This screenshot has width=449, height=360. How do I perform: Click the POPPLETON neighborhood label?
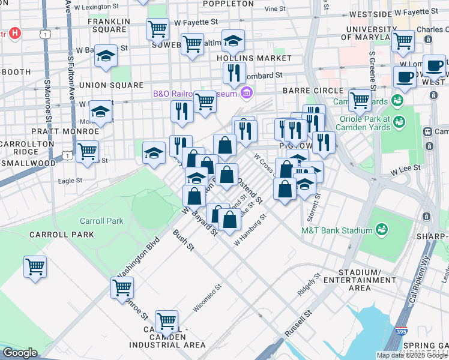click(228, 4)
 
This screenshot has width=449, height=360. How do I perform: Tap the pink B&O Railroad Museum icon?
click(246, 93)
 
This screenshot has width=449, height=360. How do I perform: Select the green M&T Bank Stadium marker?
click(381, 230)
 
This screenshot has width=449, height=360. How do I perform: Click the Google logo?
click(20, 353)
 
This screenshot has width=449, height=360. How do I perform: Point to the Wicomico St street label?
click(207, 298)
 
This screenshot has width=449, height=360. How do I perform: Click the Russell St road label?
click(298, 323)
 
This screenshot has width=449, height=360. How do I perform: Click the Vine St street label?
click(275, 9)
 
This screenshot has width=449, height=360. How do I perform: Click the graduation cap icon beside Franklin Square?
click(106, 56)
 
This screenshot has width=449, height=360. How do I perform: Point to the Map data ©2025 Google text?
click(412, 355)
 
